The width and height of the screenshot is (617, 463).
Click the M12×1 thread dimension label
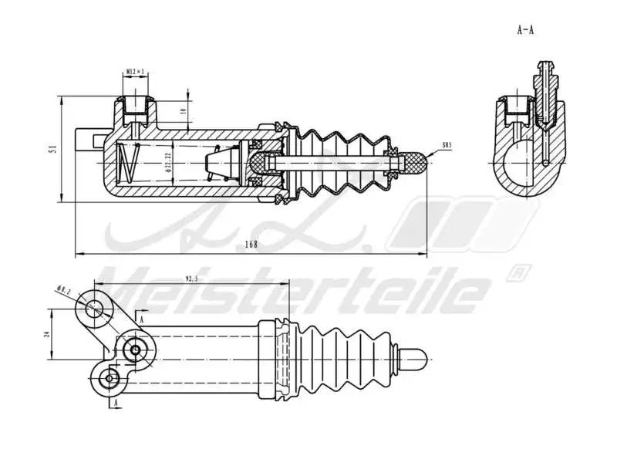coord(136,73)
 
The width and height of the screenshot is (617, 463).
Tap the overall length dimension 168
coord(251,245)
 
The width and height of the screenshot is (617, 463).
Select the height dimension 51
coord(52,149)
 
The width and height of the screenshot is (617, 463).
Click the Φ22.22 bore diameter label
coord(167,164)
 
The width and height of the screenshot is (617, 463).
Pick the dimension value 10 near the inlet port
coord(183,111)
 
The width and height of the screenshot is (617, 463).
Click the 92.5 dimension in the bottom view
coord(192,278)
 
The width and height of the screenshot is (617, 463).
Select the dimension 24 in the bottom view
coord(46,333)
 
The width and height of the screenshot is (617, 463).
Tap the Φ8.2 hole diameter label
coord(64,290)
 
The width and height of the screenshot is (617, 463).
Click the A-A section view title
coord(525,30)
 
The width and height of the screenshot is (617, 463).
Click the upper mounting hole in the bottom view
coord(94,308)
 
